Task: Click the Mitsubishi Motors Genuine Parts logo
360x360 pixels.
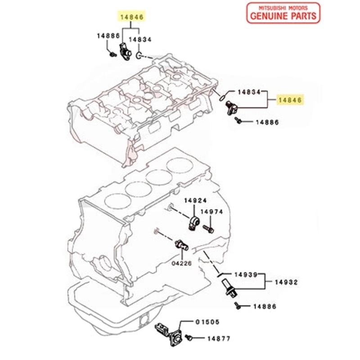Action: tap(283, 13)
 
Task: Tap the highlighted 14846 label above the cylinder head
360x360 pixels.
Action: tap(131, 17)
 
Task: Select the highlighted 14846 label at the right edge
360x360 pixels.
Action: tap(290, 99)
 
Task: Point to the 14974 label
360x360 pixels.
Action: tap(211, 211)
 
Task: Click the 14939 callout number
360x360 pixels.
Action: tap(245, 274)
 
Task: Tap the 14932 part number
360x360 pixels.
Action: tap(287, 283)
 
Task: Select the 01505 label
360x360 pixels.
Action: tap(207, 322)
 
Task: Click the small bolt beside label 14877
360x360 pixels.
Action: tap(190, 337)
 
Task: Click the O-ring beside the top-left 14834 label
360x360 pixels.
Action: tap(140, 55)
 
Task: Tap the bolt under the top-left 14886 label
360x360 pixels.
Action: tap(112, 55)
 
